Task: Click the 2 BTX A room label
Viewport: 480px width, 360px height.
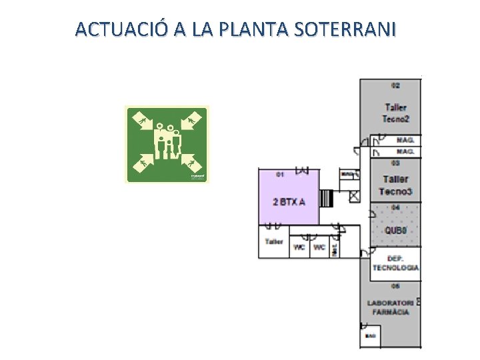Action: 289,202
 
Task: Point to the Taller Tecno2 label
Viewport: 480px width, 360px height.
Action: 395,113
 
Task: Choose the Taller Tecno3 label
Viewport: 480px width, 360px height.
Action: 395,185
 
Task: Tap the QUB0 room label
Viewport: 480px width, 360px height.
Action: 396,231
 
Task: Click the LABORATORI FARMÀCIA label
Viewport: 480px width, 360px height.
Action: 391,307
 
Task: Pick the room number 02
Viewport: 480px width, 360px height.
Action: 395,85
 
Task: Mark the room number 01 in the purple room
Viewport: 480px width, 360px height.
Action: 281,175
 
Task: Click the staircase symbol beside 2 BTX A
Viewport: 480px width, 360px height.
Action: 326,199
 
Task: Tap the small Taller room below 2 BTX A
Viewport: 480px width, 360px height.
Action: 274,241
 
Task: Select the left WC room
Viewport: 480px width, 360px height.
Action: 299,247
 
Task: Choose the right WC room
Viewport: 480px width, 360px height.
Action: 319,247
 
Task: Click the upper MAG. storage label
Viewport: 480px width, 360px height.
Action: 405,141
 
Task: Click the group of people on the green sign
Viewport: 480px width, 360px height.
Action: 167,142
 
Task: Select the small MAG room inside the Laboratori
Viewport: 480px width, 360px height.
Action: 370,335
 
